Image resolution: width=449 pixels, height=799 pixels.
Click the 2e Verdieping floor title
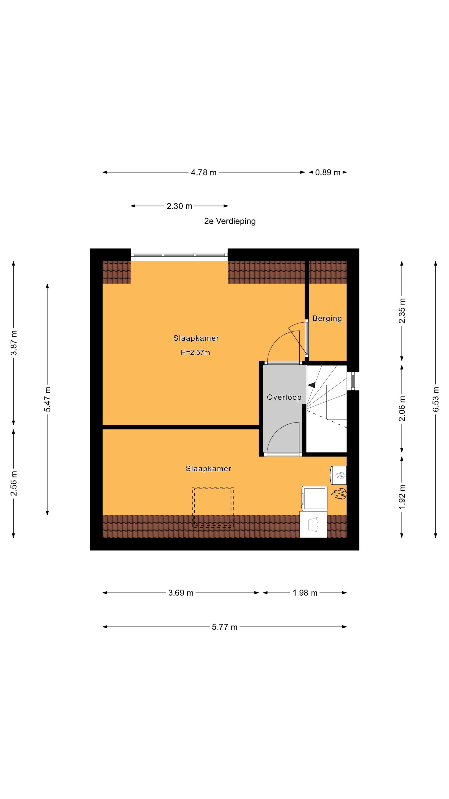click(x=230, y=221)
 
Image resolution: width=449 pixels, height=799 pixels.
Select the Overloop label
click(x=284, y=397)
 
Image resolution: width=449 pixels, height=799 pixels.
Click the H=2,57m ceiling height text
click(x=195, y=352)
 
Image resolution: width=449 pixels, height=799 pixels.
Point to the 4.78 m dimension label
click(x=204, y=173)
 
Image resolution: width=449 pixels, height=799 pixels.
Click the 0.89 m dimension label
click(x=328, y=173)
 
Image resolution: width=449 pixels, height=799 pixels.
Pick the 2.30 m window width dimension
click(x=179, y=206)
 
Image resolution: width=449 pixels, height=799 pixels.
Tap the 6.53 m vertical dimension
click(x=436, y=399)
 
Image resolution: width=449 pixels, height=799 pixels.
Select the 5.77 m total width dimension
click(x=224, y=627)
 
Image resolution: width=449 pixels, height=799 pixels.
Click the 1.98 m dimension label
click(x=305, y=593)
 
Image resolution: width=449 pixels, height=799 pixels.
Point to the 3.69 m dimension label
click(x=181, y=593)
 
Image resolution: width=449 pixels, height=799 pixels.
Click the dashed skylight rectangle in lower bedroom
click(x=213, y=507)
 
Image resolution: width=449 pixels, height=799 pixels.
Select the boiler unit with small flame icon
click(x=338, y=475)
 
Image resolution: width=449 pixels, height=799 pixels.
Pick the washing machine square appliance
click(x=315, y=498)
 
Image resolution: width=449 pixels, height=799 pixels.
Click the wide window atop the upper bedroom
click(x=179, y=255)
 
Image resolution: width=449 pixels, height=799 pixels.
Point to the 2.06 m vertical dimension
click(x=402, y=409)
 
